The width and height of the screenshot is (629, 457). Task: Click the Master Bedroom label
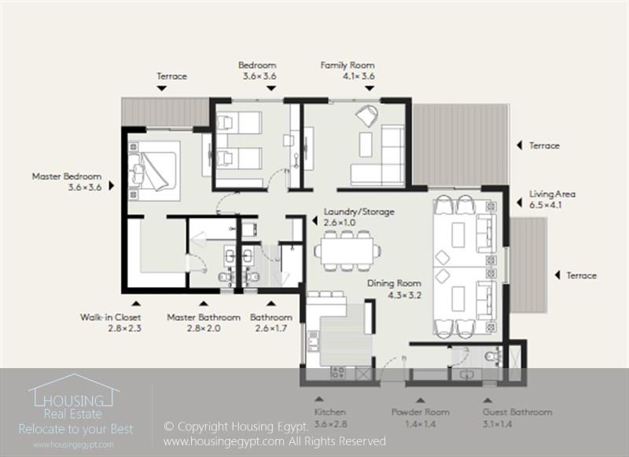67,176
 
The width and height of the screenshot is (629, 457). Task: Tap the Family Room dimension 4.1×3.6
359,76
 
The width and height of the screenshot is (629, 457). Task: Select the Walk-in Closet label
110,317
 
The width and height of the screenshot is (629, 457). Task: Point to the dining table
348,251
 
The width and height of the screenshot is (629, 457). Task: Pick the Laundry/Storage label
359,212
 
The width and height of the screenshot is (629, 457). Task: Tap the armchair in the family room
366,116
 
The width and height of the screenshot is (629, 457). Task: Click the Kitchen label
329,412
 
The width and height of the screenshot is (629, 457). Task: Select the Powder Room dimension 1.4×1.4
420,424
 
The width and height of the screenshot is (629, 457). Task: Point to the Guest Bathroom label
517,412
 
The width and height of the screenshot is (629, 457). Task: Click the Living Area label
552,194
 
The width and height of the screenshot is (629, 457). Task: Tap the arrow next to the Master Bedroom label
112,186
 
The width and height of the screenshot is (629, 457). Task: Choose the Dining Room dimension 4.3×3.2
404,296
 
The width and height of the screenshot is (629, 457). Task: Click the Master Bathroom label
204,317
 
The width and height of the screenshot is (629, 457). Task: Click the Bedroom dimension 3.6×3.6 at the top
259,76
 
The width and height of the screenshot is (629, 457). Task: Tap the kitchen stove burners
337,373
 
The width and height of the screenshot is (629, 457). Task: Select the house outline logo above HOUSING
73,389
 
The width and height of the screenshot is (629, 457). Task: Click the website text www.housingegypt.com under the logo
73,445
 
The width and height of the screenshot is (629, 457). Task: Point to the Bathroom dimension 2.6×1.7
271,329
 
